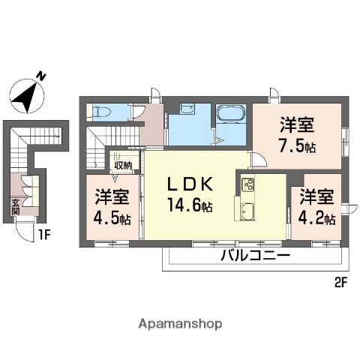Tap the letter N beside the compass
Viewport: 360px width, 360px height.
pos(42,76)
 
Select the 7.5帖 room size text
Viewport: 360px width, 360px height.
pos(296,145)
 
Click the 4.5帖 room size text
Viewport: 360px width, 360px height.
pos(112,219)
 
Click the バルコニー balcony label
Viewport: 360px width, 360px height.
pos(254,256)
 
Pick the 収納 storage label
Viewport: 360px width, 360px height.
pos(123,166)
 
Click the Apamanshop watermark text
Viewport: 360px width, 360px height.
pos(181,324)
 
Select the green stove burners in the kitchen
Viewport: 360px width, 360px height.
pos(247,184)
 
